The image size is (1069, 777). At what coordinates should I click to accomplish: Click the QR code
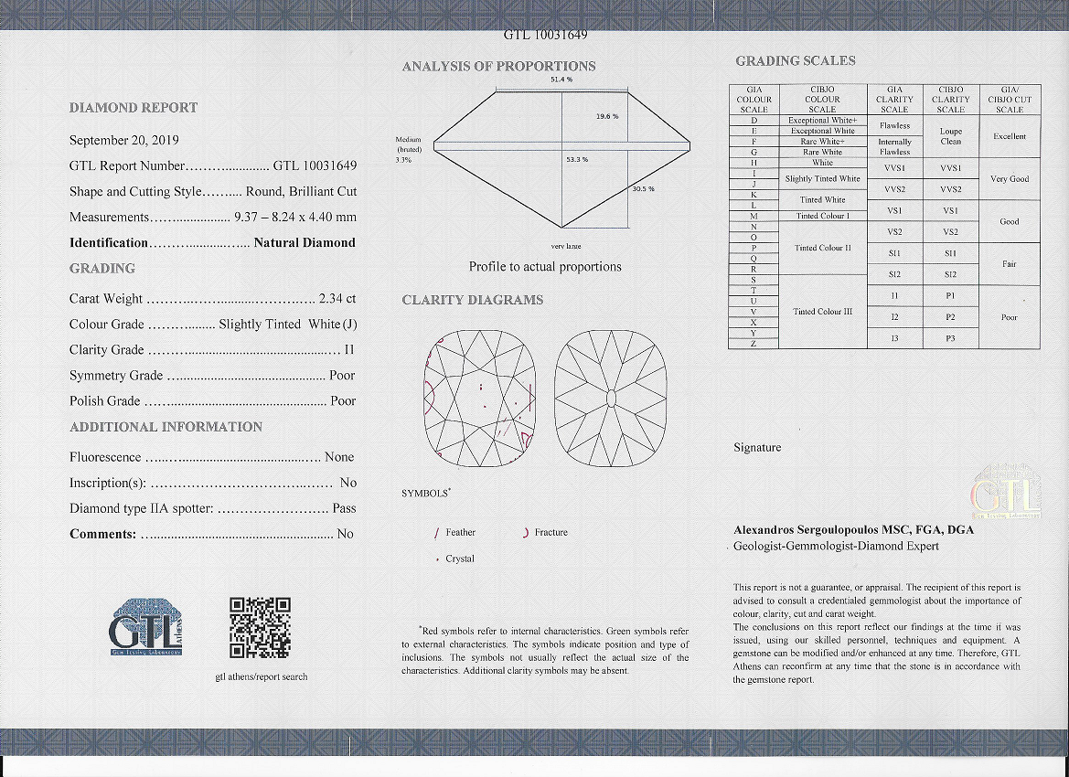(260, 628)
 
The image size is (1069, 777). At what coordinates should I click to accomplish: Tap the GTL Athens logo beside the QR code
(145, 627)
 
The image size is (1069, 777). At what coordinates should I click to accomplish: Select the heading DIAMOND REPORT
(134, 108)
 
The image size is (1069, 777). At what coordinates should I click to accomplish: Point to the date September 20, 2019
(124, 141)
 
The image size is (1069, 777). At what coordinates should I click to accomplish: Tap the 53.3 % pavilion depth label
(577, 160)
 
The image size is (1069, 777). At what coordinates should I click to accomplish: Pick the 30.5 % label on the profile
(644, 189)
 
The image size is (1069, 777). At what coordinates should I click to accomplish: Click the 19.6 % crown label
(607, 116)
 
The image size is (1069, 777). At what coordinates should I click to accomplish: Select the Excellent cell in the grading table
(1010, 136)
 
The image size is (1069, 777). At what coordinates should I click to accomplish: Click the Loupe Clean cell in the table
(951, 136)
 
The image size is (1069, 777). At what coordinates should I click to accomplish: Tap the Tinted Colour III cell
(822, 312)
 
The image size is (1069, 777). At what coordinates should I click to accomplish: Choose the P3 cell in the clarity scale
(951, 338)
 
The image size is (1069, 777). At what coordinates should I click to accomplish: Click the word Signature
(757, 448)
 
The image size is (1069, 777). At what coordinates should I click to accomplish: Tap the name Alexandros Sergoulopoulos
(806, 529)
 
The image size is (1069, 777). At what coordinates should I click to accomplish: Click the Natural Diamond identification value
(305, 243)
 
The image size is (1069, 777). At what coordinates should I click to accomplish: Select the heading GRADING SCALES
(796, 61)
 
